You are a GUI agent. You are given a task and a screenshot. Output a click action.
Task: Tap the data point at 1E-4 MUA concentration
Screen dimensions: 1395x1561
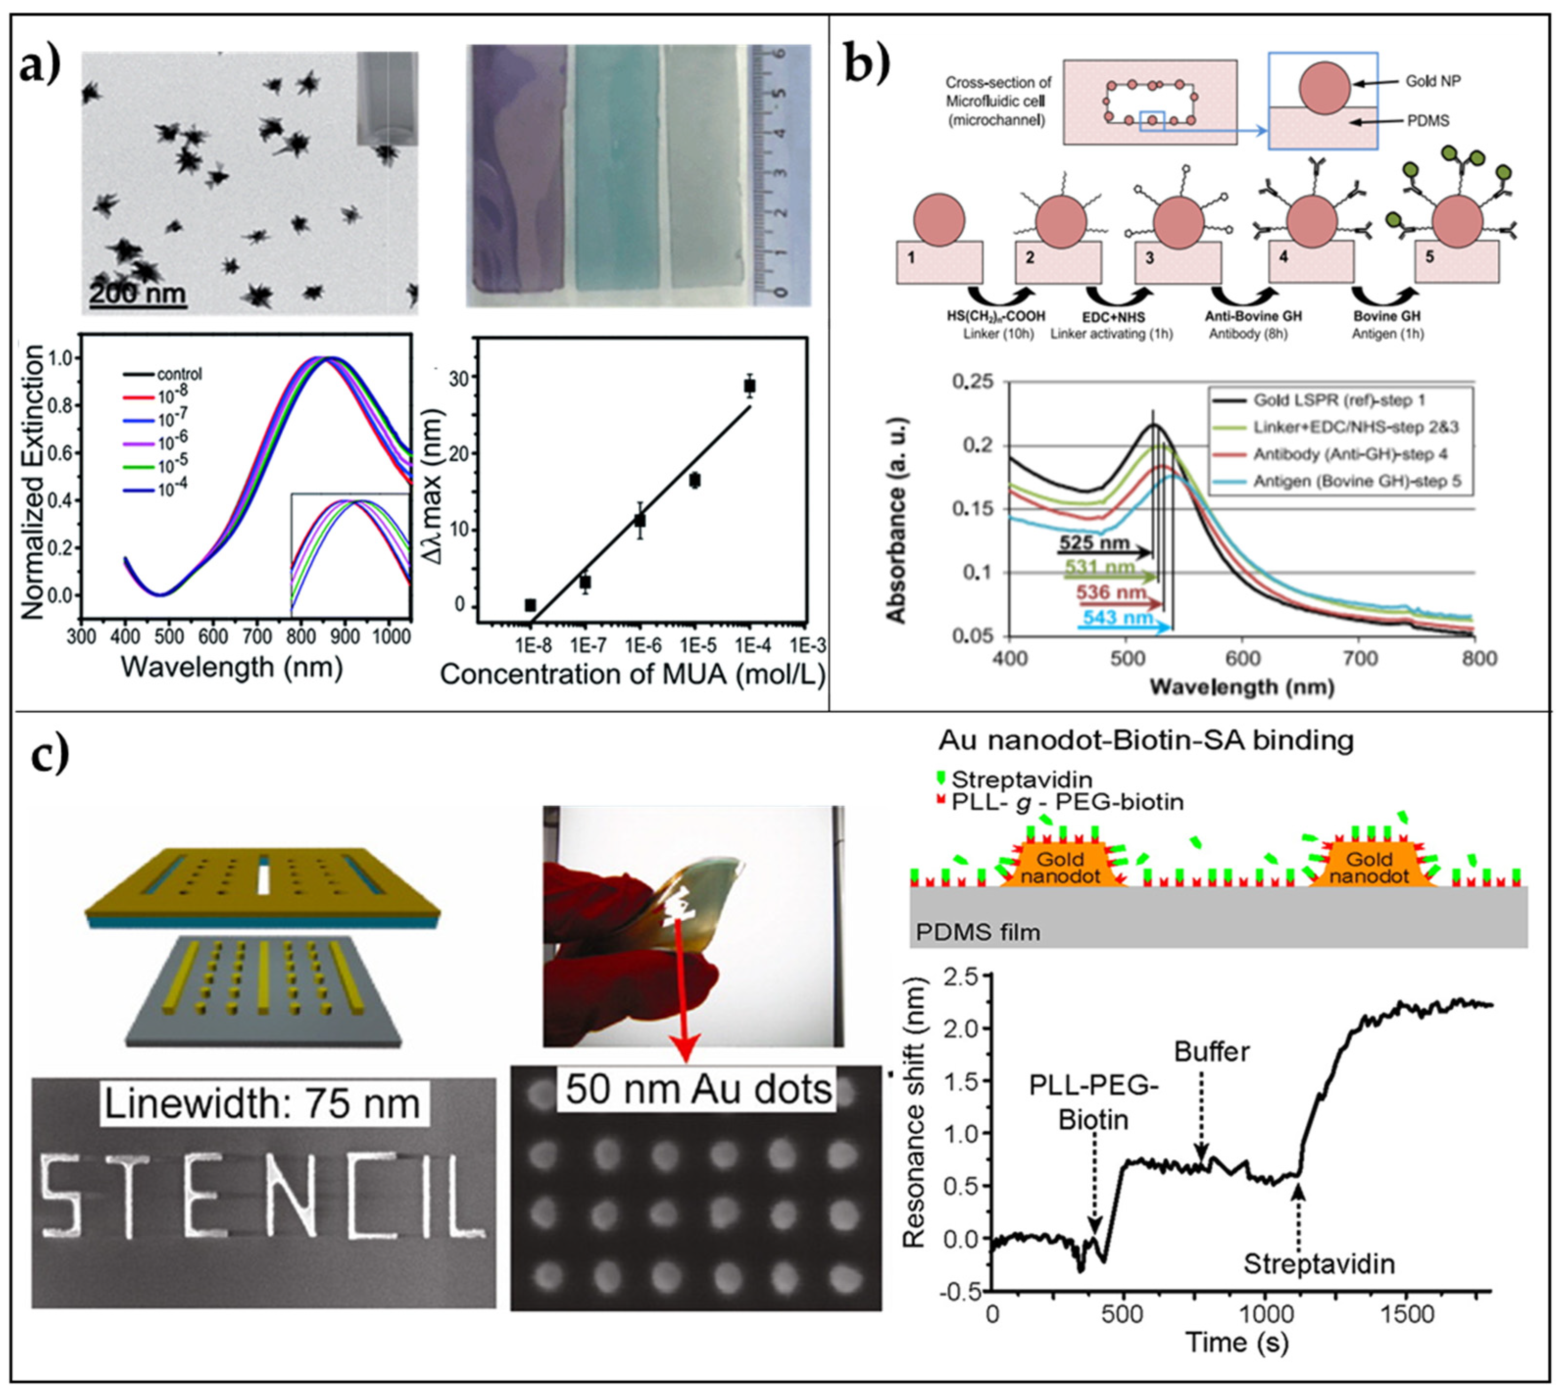pyautogui.click(x=750, y=386)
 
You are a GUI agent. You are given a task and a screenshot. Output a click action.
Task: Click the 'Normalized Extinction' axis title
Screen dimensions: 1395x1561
pyautogui.click(x=34, y=482)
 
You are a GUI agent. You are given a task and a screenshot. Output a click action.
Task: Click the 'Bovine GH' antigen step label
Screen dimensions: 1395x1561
pyautogui.click(x=1388, y=316)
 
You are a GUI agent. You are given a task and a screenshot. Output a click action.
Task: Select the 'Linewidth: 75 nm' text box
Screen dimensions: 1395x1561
pyautogui.click(x=262, y=1104)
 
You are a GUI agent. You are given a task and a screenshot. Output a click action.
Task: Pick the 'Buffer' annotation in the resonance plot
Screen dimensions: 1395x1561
pyautogui.click(x=1212, y=1051)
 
